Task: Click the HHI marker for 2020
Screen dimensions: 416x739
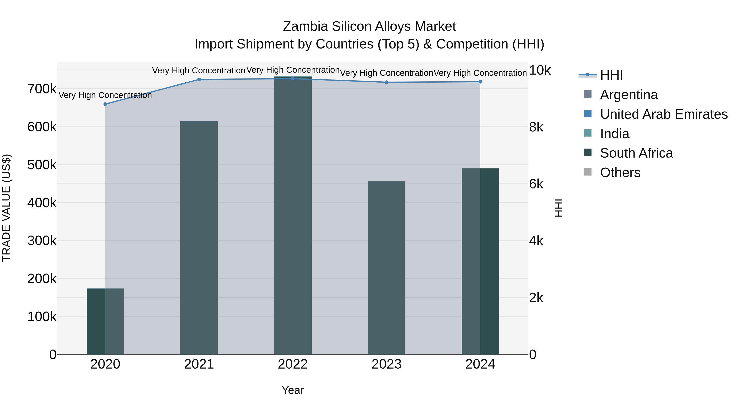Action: pos(105,104)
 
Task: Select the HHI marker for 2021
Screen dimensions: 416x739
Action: pos(199,80)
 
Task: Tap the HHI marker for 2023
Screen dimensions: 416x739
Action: pos(386,82)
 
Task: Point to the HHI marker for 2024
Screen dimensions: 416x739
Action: pos(480,82)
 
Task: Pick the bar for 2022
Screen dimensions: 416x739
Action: pos(293,215)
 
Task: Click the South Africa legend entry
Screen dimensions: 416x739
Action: pos(636,153)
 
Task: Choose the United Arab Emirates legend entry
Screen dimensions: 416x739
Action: pos(663,114)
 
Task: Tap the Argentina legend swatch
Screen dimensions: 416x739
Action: pos(588,94)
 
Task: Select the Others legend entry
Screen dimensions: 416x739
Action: pos(620,173)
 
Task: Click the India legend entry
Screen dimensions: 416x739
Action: pos(614,134)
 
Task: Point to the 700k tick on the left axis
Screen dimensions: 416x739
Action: pos(42,89)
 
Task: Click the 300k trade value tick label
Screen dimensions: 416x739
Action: pos(42,241)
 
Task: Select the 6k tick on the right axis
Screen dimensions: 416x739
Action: pos(536,184)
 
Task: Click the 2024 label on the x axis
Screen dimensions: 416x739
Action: pos(480,364)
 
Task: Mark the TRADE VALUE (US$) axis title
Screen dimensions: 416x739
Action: pos(7,208)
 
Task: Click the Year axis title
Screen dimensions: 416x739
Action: pos(293,390)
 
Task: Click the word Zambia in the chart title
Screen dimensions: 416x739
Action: pos(305,27)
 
